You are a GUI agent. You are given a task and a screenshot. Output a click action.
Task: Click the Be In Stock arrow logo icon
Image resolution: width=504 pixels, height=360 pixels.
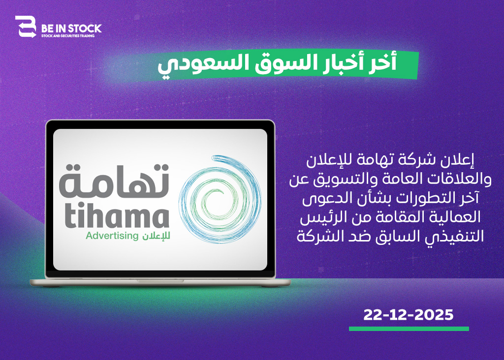pos(26,27)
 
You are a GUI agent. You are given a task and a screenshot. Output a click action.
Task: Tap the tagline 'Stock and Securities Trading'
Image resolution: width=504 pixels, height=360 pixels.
pos(68,36)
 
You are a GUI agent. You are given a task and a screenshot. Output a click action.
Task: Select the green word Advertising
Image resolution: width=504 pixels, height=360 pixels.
pos(112,236)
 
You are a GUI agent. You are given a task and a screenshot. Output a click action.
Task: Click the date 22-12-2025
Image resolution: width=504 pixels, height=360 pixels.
pos(408,315)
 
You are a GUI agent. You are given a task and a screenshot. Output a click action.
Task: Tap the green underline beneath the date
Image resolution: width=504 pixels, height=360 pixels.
pos(409,329)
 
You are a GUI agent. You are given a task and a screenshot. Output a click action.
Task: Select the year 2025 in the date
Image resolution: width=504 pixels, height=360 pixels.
pos(434,315)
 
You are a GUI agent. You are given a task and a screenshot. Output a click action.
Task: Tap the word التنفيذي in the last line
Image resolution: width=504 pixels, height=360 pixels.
pos(457,237)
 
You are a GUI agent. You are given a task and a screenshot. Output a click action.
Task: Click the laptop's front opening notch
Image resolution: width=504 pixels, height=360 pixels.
pos(160,281)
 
